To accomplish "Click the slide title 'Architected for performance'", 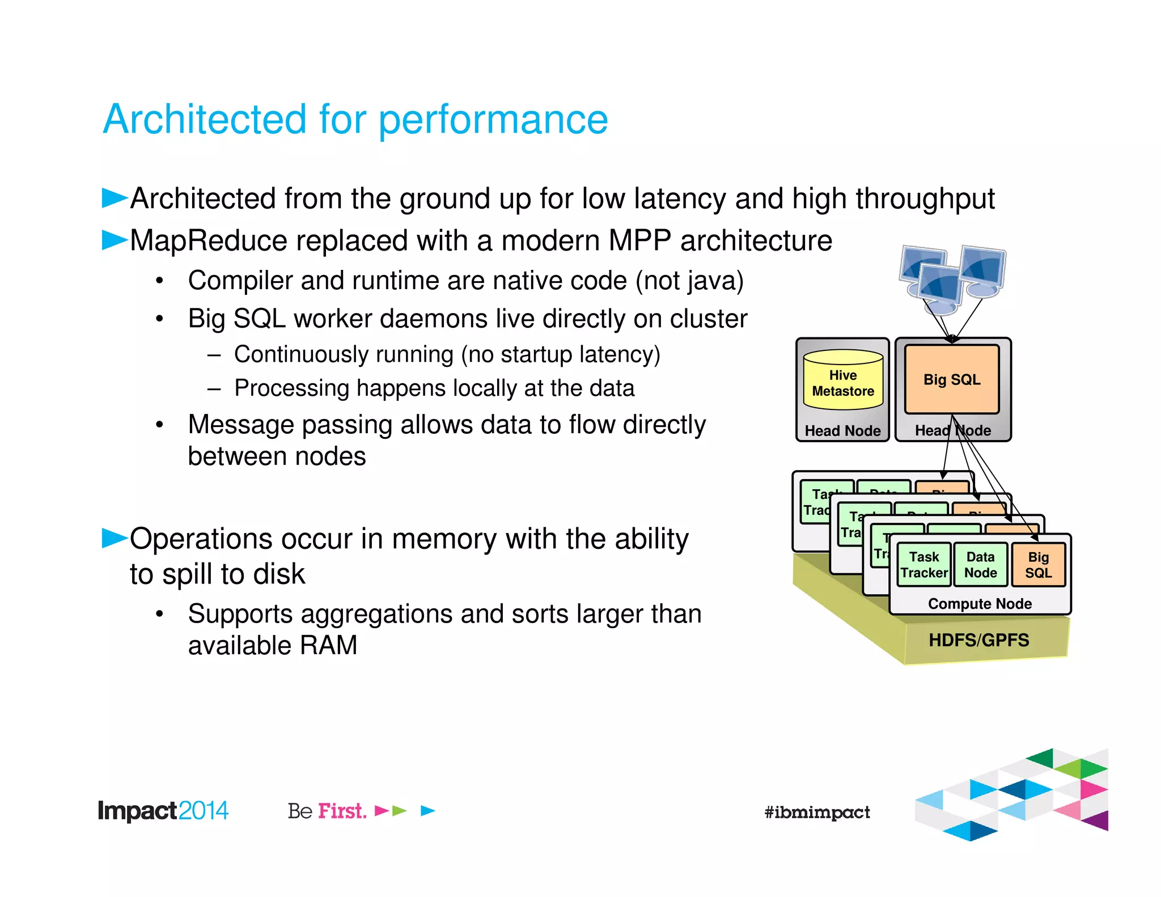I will point(355,120).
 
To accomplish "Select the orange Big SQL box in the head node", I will point(952,379).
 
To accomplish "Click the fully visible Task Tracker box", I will point(924,565).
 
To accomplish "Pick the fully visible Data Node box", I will point(980,565).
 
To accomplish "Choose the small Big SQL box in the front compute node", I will point(1038,565).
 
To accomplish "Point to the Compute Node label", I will point(980,604).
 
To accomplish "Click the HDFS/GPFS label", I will point(978,640).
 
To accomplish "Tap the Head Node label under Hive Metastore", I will point(842,431).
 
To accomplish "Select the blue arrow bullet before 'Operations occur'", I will point(115,538).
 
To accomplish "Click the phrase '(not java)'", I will point(689,281).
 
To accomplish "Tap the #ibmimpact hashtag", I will point(816,812).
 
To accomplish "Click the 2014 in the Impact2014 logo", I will point(204,811).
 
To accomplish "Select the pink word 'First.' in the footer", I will point(342,811).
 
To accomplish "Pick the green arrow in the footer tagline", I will point(400,811).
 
